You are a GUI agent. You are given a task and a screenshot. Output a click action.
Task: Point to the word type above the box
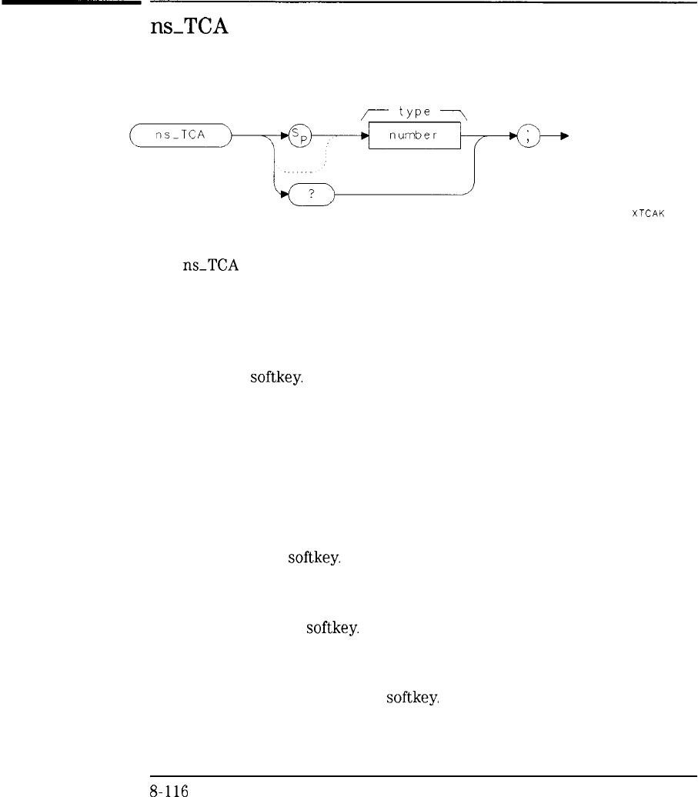[414, 112]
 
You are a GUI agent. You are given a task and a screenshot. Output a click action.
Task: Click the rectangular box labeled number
[415, 138]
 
